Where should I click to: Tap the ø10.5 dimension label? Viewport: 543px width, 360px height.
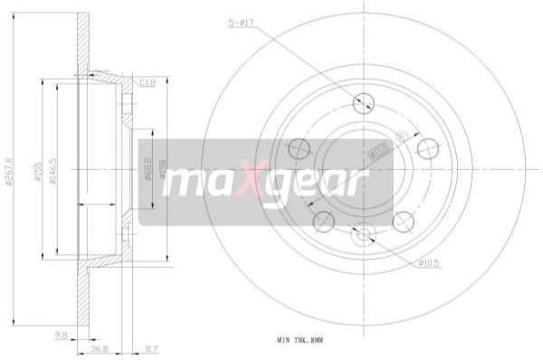pos(429,263)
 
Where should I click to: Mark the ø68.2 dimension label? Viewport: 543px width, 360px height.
pos(148,171)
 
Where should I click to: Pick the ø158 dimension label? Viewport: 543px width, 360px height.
pos(165,171)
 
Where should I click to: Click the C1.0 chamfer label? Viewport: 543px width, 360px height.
pos(148,83)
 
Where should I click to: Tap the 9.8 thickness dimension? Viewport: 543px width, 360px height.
pos(61,336)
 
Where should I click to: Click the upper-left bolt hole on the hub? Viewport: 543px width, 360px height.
pos(299,147)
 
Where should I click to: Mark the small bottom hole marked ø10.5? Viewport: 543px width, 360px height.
pos(364,234)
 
